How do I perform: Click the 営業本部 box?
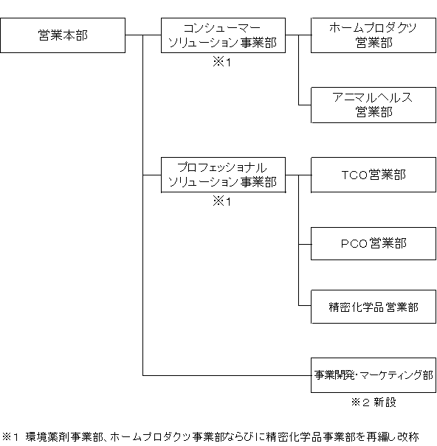point(63,35)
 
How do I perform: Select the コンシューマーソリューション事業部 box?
point(223,35)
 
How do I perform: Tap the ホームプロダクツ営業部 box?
point(374,35)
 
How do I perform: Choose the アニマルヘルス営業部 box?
point(374,105)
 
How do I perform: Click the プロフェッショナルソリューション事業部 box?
point(223,175)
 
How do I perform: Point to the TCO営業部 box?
point(374,175)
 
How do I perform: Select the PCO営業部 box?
point(374,243)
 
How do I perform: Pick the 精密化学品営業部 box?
point(374,307)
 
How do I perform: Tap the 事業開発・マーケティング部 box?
point(374,375)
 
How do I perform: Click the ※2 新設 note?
point(374,403)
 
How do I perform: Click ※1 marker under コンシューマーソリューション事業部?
point(222,62)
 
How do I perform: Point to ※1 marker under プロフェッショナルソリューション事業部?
point(222,201)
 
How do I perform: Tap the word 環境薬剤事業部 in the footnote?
point(64,436)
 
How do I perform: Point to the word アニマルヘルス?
point(372,97)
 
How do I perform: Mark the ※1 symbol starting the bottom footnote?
point(10,436)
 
